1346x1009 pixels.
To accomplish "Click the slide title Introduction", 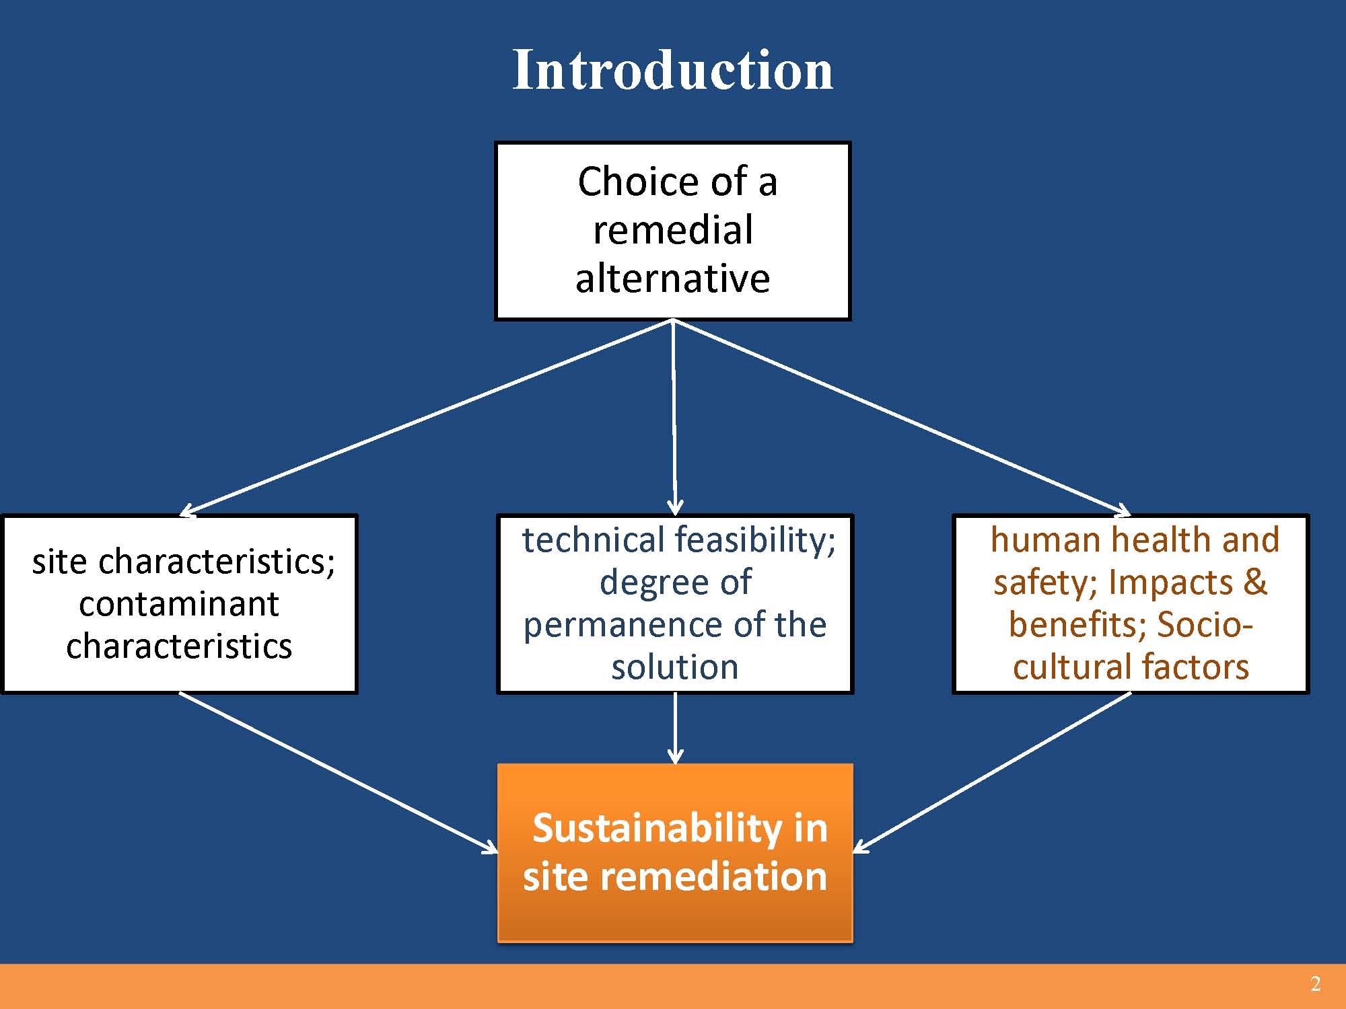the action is (x=672, y=70).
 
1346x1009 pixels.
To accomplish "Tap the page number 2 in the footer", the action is (x=1315, y=984).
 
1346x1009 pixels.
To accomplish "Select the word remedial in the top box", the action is (x=672, y=230).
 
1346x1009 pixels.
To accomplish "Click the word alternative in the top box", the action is (x=672, y=278).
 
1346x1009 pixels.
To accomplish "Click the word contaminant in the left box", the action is (x=179, y=603).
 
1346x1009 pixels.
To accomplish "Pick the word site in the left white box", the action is (x=60, y=561).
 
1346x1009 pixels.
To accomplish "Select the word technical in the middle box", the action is (x=593, y=540).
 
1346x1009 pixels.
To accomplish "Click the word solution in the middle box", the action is (x=675, y=667).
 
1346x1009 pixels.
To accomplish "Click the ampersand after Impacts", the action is (x=1255, y=583).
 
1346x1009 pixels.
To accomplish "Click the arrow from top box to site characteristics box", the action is (x=426, y=418).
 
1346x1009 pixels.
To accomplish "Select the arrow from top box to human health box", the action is (x=902, y=418).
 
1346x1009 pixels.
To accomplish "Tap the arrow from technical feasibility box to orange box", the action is (x=675, y=728).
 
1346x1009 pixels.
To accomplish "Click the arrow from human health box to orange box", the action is (x=992, y=773).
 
